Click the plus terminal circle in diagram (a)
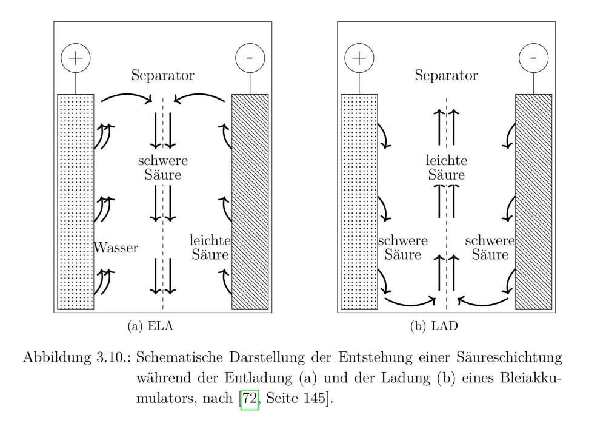coord(76,58)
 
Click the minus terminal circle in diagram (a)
coord(250,58)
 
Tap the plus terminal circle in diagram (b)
coord(359,58)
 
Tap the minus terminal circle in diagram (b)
coord(533,58)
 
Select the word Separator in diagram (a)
coord(162,76)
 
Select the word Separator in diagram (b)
coord(446,76)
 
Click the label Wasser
coord(116,248)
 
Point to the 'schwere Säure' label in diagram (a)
coord(163,168)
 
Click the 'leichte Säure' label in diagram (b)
coord(447,168)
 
